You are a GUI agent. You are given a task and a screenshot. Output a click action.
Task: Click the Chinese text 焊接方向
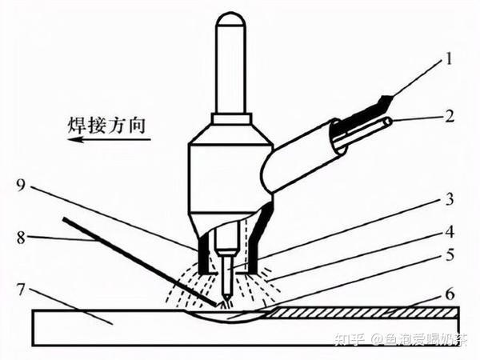pyautogui.click(x=106, y=126)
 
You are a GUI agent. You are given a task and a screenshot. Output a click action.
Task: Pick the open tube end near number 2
pyautogui.click(x=386, y=122)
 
